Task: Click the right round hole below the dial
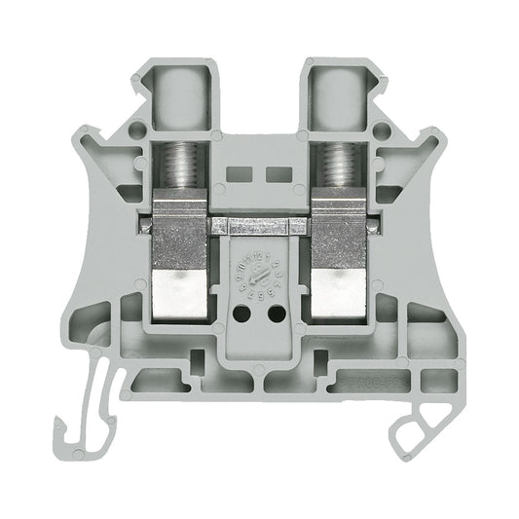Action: pyautogui.click(x=276, y=315)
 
